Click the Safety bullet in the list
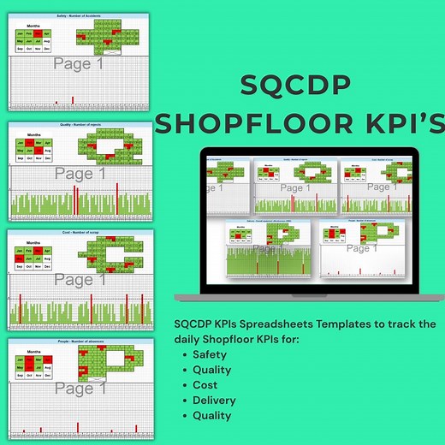[210, 354]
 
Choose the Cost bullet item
[206, 385]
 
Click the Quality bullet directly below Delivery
[212, 416]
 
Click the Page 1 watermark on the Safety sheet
[79, 63]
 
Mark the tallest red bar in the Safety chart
[73, 101]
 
